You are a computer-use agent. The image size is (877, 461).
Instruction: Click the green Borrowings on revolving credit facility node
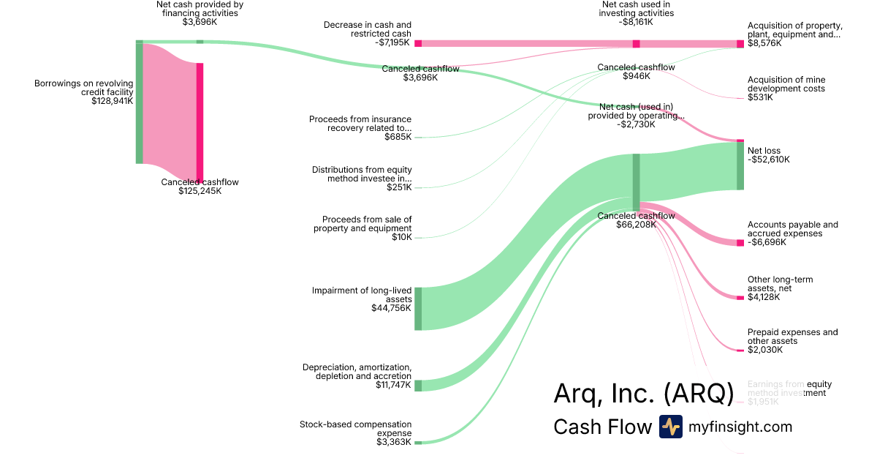tap(139, 102)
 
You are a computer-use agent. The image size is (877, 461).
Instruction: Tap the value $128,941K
tap(108, 101)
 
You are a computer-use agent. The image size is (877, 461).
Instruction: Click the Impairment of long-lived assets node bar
tap(418, 309)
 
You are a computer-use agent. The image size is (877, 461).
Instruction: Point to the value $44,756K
tap(391, 308)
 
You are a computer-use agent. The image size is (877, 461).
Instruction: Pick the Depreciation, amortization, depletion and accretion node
tap(418, 386)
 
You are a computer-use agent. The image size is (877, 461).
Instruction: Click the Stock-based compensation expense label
tap(356, 429)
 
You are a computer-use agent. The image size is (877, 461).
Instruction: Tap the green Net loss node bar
tap(740, 166)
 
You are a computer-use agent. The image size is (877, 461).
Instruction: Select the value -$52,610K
tap(768, 160)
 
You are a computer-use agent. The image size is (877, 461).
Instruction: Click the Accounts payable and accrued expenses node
tap(740, 242)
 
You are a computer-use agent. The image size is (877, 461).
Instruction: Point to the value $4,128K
tap(764, 297)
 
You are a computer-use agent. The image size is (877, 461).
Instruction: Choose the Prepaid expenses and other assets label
tap(792, 337)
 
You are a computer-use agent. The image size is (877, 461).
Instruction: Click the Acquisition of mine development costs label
tap(786, 84)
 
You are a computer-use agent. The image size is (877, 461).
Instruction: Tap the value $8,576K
tap(764, 43)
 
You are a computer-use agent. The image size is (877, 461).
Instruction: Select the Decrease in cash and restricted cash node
tap(418, 43)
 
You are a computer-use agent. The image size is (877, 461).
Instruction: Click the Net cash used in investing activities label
tap(635, 9)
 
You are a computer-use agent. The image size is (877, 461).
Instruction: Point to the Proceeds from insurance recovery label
tap(360, 124)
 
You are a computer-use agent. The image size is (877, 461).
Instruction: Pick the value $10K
tap(402, 237)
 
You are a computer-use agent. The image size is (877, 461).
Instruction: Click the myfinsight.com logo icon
tap(670, 427)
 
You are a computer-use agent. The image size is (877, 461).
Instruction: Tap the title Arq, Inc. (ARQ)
tap(643, 394)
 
